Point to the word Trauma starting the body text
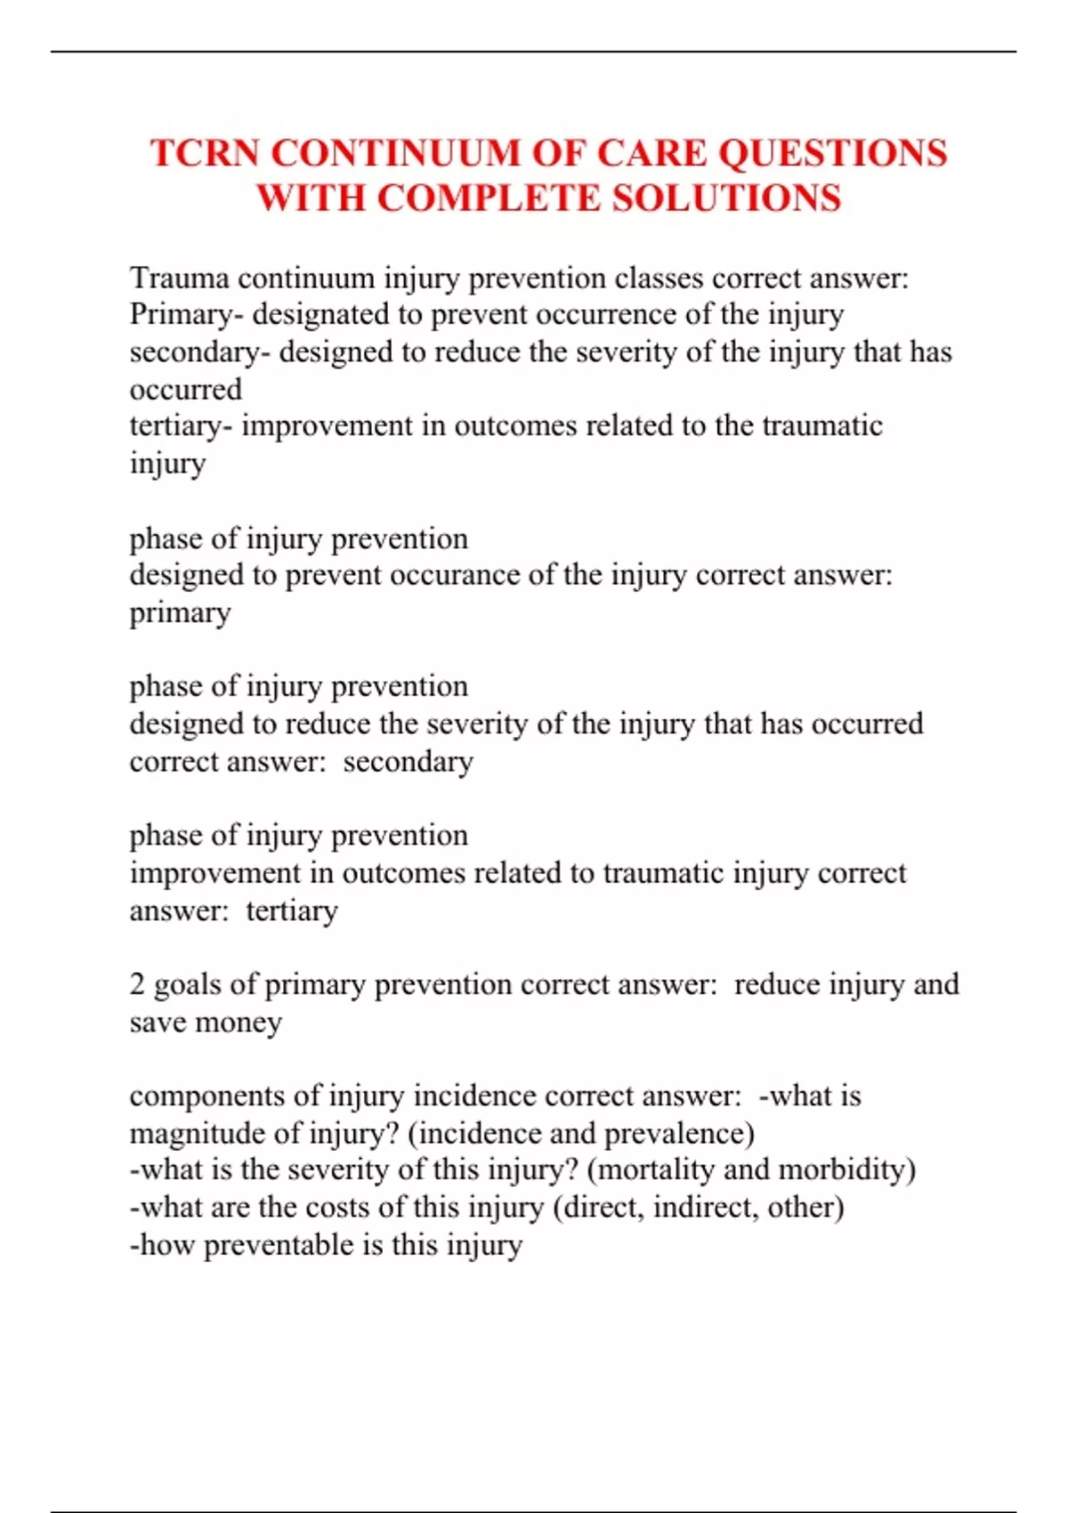click(x=179, y=279)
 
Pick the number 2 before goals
click(x=137, y=984)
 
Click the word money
click(x=238, y=1023)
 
